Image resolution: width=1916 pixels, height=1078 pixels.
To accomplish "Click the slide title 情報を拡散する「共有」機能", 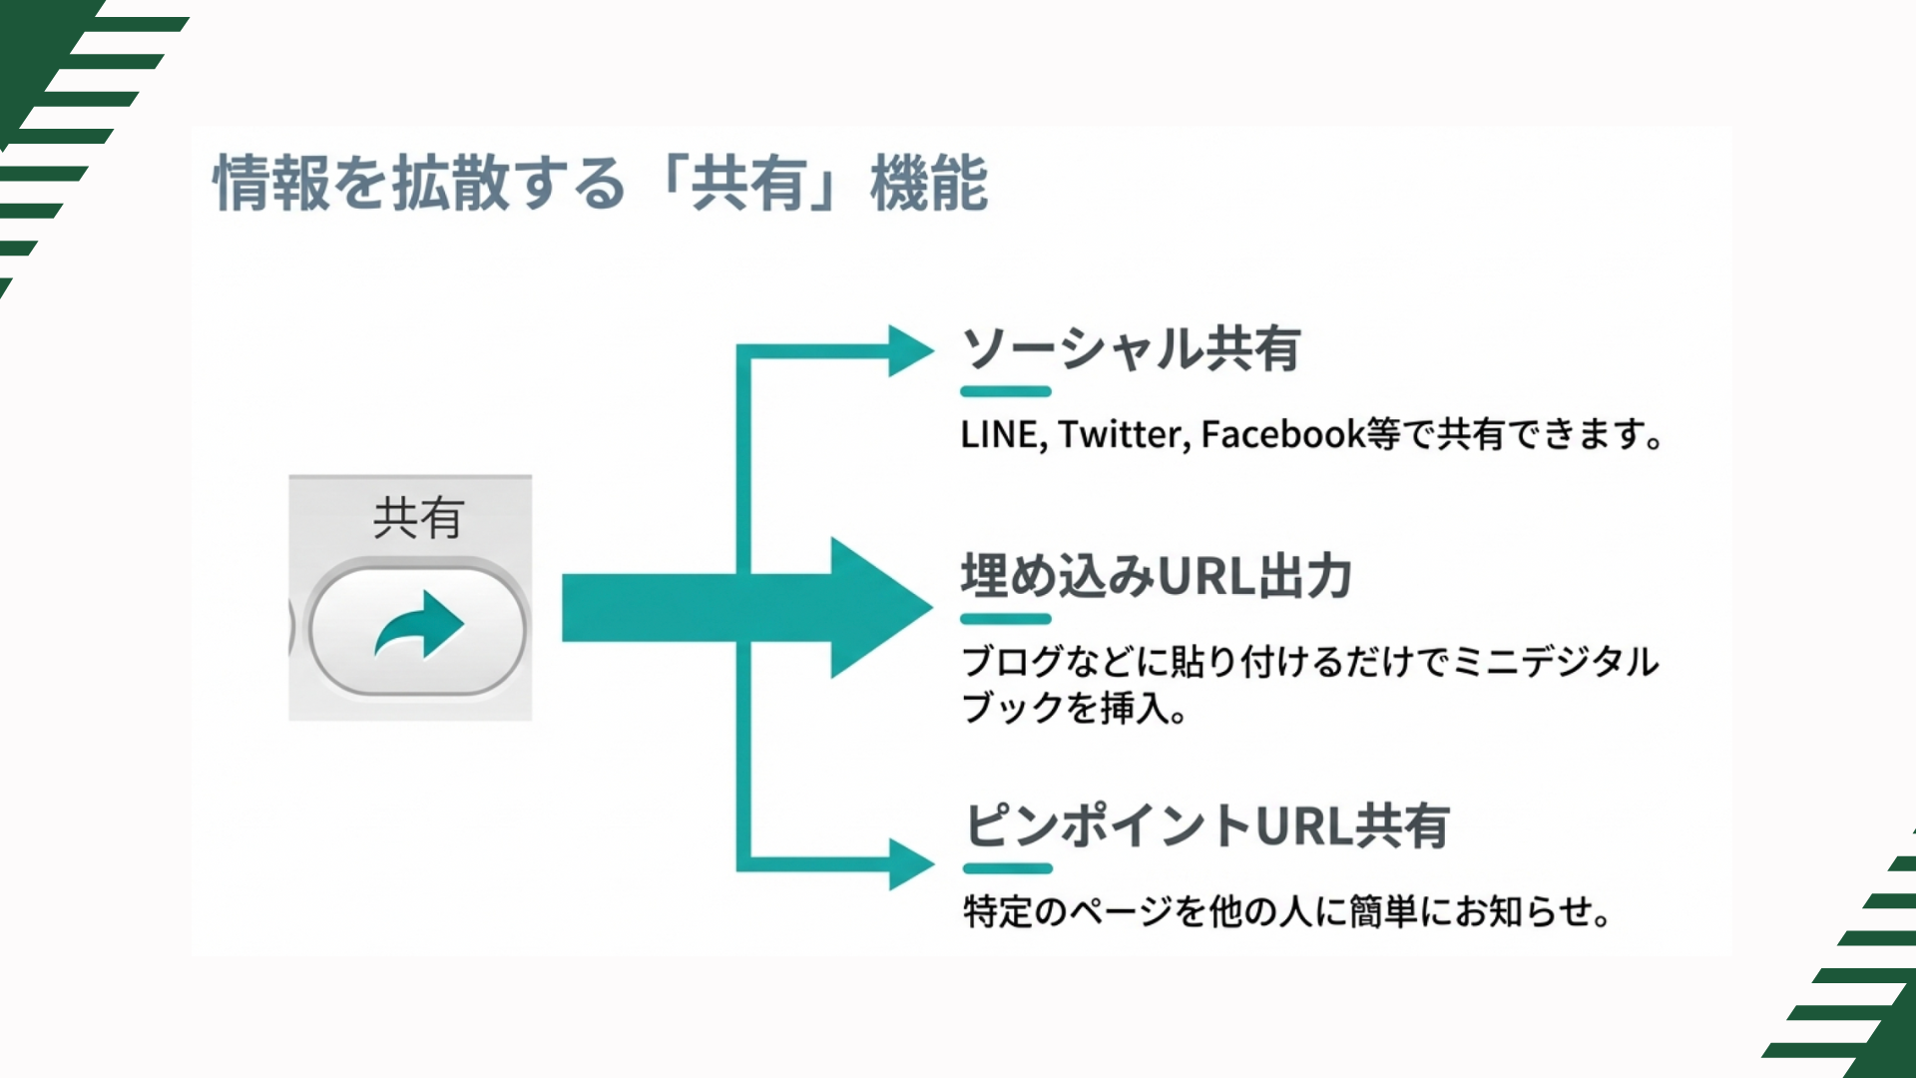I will [600, 184].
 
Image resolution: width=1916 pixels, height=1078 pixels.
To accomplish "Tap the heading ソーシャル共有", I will [1131, 349].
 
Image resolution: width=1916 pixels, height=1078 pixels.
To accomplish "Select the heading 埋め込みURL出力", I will [1156, 577].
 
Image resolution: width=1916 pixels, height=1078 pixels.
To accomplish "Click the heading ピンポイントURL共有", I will [1206, 826].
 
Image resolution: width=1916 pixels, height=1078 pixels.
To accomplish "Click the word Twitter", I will [1123, 435].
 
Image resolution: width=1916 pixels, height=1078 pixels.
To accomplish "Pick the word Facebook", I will [1282, 435].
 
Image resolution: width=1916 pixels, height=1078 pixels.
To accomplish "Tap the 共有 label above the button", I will [418, 518].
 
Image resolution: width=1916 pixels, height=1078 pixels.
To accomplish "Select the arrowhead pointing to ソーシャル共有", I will [908, 350].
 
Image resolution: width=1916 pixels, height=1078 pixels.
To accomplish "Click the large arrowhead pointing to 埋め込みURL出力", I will [875, 607].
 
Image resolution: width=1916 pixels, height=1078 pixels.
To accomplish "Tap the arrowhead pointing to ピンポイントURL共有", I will [908, 863].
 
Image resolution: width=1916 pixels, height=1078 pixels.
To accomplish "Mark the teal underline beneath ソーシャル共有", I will [1006, 391].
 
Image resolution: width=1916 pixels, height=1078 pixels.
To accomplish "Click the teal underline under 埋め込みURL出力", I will [1006, 619].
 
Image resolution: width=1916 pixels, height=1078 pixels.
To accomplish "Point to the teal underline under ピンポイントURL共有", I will [1008, 868].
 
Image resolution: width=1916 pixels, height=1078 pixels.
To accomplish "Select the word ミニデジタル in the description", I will [1556, 662].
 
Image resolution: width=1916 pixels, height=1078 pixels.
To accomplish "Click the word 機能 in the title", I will [929, 184].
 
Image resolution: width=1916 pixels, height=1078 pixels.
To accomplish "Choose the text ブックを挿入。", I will [1074, 709].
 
